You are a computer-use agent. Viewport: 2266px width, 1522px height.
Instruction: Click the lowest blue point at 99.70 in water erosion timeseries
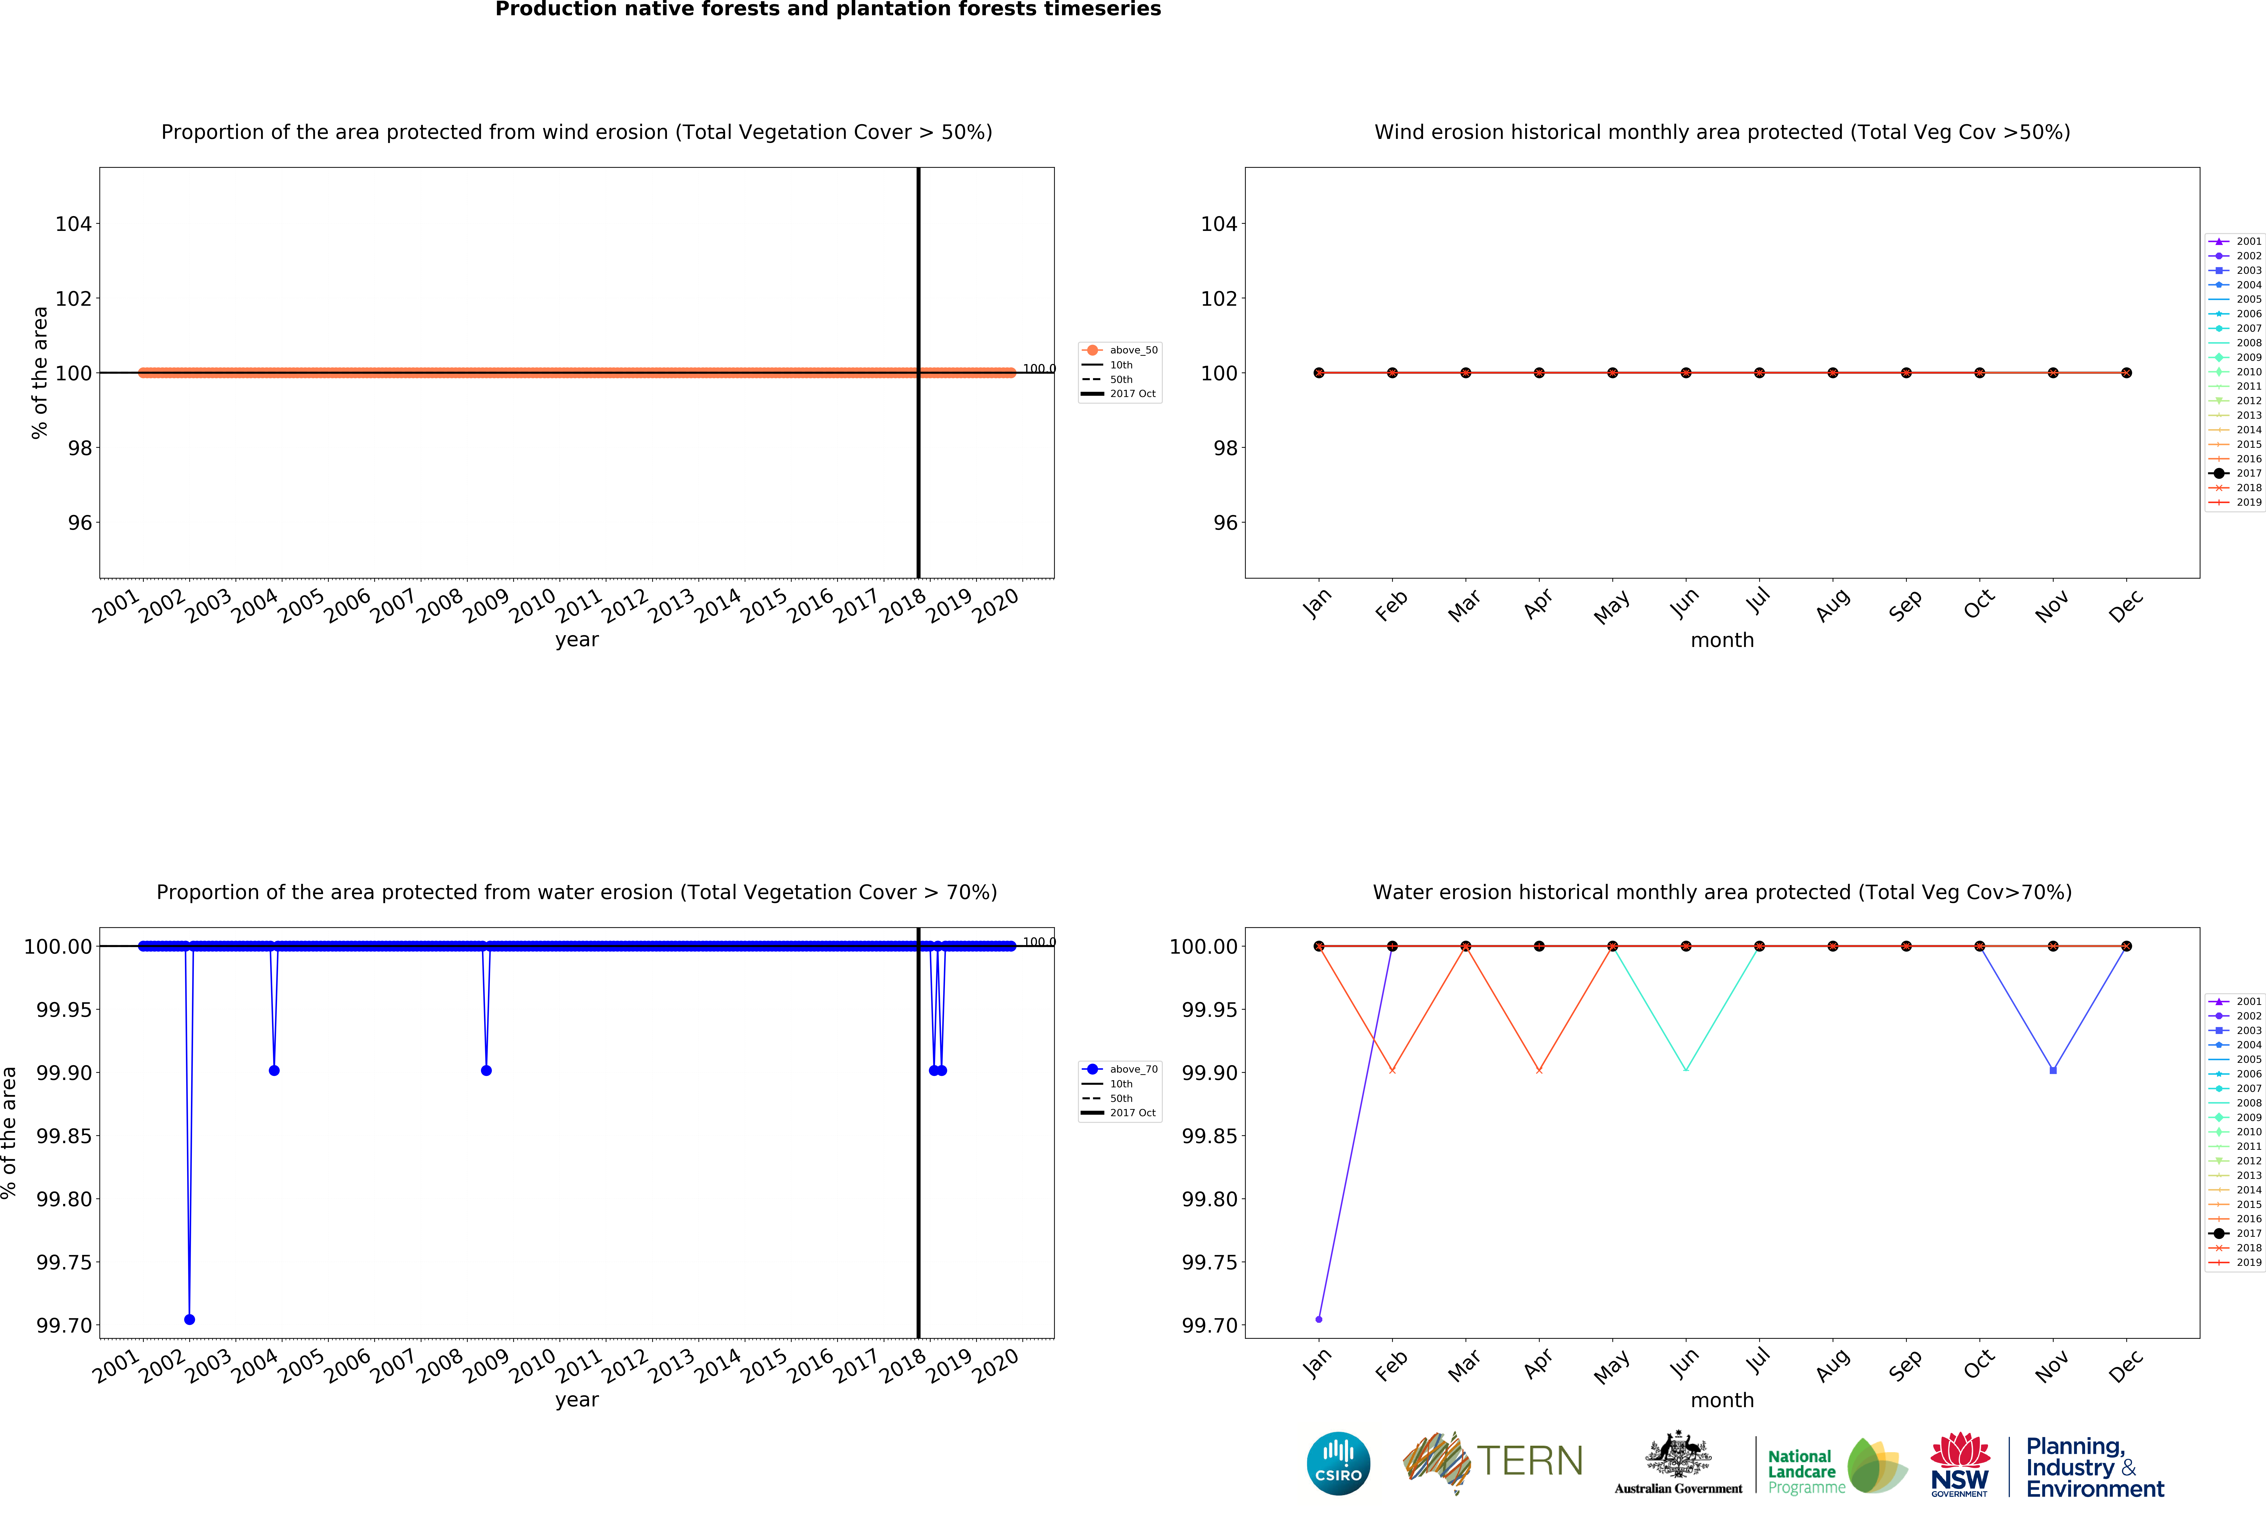coord(189,1319)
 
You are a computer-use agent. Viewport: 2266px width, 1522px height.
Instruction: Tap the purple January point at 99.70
coord(1318,1319)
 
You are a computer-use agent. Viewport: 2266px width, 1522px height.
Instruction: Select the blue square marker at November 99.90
coord(2052,1070)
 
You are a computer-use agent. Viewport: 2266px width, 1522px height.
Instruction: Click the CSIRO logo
coord(1338,1463)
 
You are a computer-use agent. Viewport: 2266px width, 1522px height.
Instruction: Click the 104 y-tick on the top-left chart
coord(73,224)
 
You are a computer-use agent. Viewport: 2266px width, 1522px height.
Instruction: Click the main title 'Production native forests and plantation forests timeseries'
coord(828,10)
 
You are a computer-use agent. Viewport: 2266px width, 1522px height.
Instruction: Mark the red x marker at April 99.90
coord(1539,1070)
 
